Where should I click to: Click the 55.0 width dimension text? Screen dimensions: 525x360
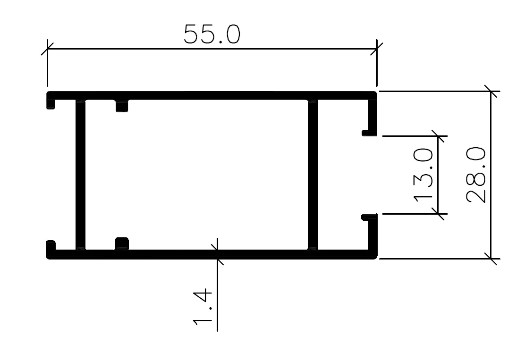[x=212, y=34]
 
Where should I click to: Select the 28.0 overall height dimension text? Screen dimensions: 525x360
[x=476, y=175]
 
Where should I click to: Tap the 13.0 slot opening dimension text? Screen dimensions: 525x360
[x=423, y=176]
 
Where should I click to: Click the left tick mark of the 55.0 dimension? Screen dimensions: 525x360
[x=47, y=49]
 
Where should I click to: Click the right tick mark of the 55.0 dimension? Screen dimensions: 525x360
[x=377, y=49]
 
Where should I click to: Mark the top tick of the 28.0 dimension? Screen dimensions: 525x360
[x=491, y=91]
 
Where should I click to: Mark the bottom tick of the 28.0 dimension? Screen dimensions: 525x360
[x=491, y=259]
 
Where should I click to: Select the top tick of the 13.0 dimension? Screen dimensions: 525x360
[x=438, y=136]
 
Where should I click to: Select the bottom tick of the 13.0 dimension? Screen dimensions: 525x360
[x=438, y=213]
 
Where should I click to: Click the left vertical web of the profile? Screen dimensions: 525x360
[x=80, y=175]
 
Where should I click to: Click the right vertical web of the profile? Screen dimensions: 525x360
[x=313, y=175]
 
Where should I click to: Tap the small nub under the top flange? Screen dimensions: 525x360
[x=122, y=106]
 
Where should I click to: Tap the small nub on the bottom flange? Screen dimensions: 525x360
[x=122, y=243]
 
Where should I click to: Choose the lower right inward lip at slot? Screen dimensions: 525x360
[x=369, y=217]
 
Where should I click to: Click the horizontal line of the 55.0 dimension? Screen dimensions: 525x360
[x=212, y=49]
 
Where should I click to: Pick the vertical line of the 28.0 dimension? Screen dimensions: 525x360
[x=491, y=175]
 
